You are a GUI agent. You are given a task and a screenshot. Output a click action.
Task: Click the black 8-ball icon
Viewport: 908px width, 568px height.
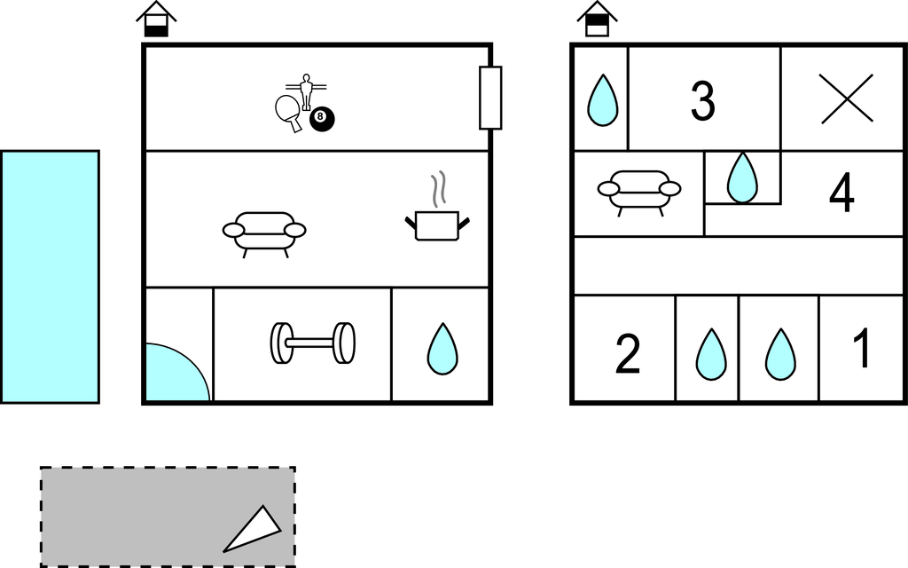322,119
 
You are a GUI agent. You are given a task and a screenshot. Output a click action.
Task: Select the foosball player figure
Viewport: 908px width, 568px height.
306,91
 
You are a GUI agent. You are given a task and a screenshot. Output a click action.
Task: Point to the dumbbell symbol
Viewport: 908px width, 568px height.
313,343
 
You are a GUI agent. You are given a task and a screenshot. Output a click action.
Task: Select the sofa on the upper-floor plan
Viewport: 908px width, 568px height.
639,193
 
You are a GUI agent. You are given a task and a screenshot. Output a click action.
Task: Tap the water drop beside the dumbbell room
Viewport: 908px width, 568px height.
442,348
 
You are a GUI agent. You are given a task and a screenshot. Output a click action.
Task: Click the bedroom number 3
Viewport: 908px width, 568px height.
703,100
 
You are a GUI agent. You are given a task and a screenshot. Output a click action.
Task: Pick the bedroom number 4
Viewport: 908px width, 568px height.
841,193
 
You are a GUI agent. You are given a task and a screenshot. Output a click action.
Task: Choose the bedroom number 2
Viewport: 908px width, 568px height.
628,353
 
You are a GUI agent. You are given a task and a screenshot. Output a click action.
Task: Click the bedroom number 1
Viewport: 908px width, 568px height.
862,348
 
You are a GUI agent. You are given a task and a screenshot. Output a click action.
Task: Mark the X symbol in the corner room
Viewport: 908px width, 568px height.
847,99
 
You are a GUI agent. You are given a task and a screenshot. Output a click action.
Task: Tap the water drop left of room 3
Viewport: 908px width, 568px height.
603,99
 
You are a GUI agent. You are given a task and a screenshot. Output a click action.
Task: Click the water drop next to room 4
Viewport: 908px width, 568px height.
742,177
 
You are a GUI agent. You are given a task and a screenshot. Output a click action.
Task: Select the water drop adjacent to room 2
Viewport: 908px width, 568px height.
711,354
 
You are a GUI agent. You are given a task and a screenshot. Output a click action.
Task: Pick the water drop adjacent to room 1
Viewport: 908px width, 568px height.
780,354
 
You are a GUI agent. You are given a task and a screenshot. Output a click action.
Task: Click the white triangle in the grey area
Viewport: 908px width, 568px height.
255,531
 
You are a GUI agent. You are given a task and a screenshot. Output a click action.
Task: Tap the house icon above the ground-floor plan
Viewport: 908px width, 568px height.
156,20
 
